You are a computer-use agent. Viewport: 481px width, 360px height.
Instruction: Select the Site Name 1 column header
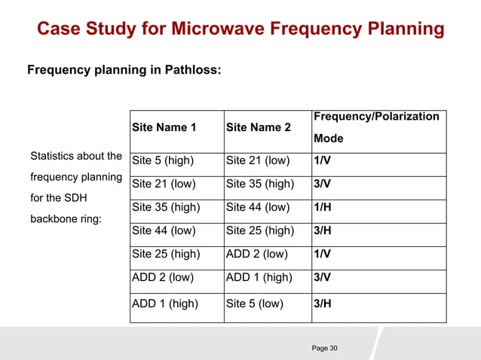coord(164,127)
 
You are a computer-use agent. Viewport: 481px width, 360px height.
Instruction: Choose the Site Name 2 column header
coord(259,127)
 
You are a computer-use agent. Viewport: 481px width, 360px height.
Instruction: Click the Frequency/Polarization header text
coord(376,117)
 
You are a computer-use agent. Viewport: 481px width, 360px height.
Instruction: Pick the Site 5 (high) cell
coord(163,160)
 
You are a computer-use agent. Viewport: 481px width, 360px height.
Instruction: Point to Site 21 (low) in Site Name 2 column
coord(257,160)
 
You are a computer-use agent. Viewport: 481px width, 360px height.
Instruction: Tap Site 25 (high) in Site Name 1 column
coord(166,255)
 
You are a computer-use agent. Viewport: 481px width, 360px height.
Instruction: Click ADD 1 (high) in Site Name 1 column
coord(165,304)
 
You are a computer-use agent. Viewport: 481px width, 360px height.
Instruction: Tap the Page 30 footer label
coord(325,348)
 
